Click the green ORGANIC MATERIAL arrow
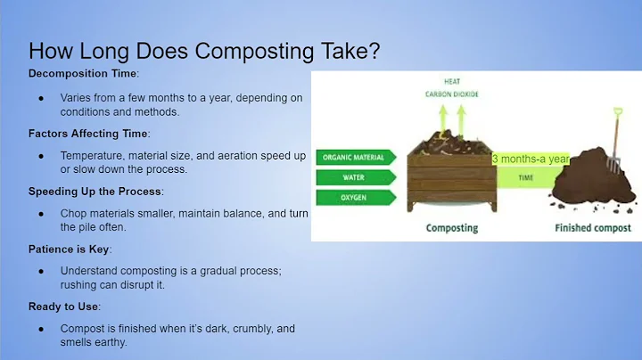point(355,158)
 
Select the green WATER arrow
point(355,176)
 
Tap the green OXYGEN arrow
point(355,196)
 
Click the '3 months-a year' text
point(531,159)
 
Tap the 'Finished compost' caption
point(592,228)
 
